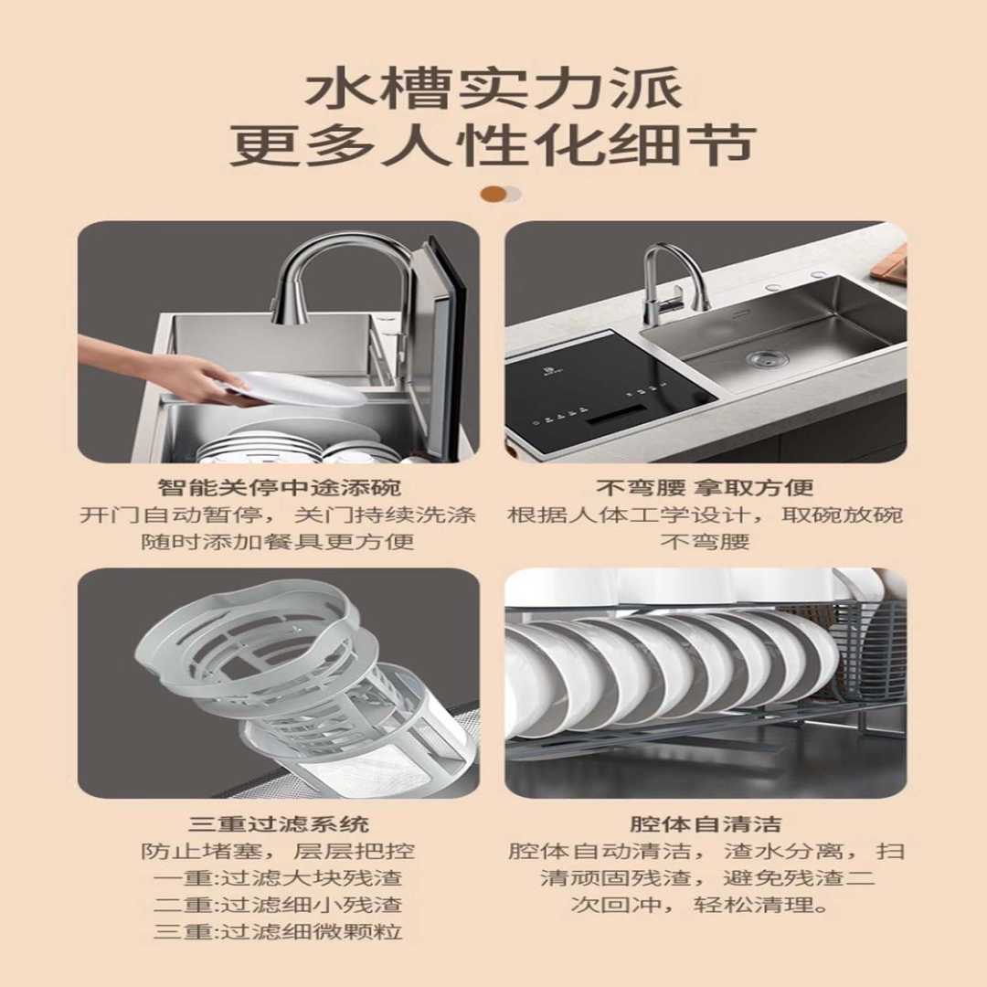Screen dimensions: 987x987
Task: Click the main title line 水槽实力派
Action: [x=493, y=91]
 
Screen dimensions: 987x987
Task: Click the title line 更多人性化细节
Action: [x=493, y=144]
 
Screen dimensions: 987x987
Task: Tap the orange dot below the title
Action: [x=493, y=194]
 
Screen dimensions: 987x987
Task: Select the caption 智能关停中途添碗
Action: [x=279, y=487]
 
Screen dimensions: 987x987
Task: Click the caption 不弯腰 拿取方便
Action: [x=705, y=487]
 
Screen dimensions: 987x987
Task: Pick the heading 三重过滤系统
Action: [x=278, y=824]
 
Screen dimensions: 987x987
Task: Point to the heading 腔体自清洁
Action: [x=705, y=824]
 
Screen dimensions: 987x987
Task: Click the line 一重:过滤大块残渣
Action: [x=278, y=878]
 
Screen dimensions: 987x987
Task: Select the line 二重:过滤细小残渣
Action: [x=278, y=906]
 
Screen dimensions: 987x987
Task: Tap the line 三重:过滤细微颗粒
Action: [x=278, y=933]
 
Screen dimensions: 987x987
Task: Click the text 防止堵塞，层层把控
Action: [x=278, y=852]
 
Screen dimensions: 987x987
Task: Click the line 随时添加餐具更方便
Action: [x=278, y=541]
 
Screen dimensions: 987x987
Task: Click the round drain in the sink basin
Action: [x=767, y=358]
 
